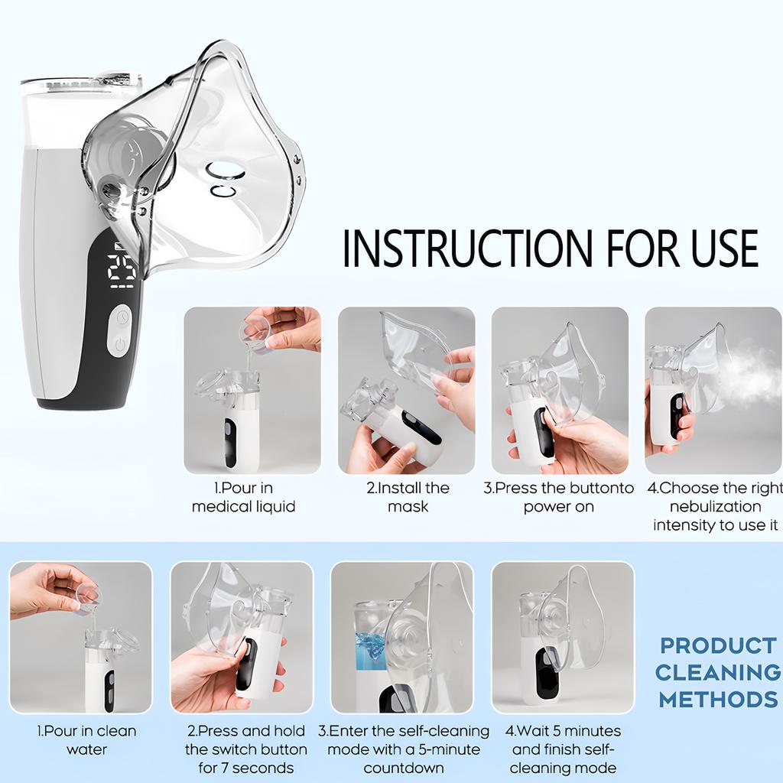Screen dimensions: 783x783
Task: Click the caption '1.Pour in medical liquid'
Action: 243,497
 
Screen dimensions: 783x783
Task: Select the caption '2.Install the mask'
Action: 408,497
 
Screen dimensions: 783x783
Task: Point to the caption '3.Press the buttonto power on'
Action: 559,497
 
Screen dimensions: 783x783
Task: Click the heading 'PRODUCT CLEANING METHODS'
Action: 717,672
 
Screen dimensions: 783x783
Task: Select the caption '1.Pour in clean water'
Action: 86,740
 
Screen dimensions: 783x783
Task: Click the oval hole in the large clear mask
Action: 225,171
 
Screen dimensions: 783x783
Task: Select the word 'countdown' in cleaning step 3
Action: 403,768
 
